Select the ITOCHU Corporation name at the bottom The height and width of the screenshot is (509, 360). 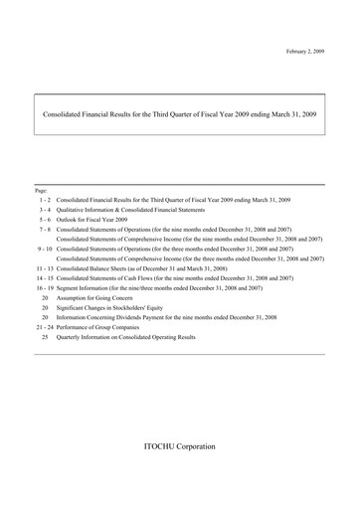tap(179, 446)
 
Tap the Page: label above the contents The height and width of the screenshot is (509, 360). tap(41, 189)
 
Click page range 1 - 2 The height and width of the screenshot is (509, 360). tap(45, 200)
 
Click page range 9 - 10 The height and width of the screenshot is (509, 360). tap(44, 249)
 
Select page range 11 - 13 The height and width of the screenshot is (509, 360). tap(44, 268)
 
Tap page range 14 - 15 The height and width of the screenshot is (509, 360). tap(44, 278)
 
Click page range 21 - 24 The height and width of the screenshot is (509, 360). tap(44, 327)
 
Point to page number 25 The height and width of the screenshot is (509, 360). tap(45, 337)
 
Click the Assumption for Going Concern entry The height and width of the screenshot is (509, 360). tap(100, 298)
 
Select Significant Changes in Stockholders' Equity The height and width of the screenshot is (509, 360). tap(119, 308)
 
